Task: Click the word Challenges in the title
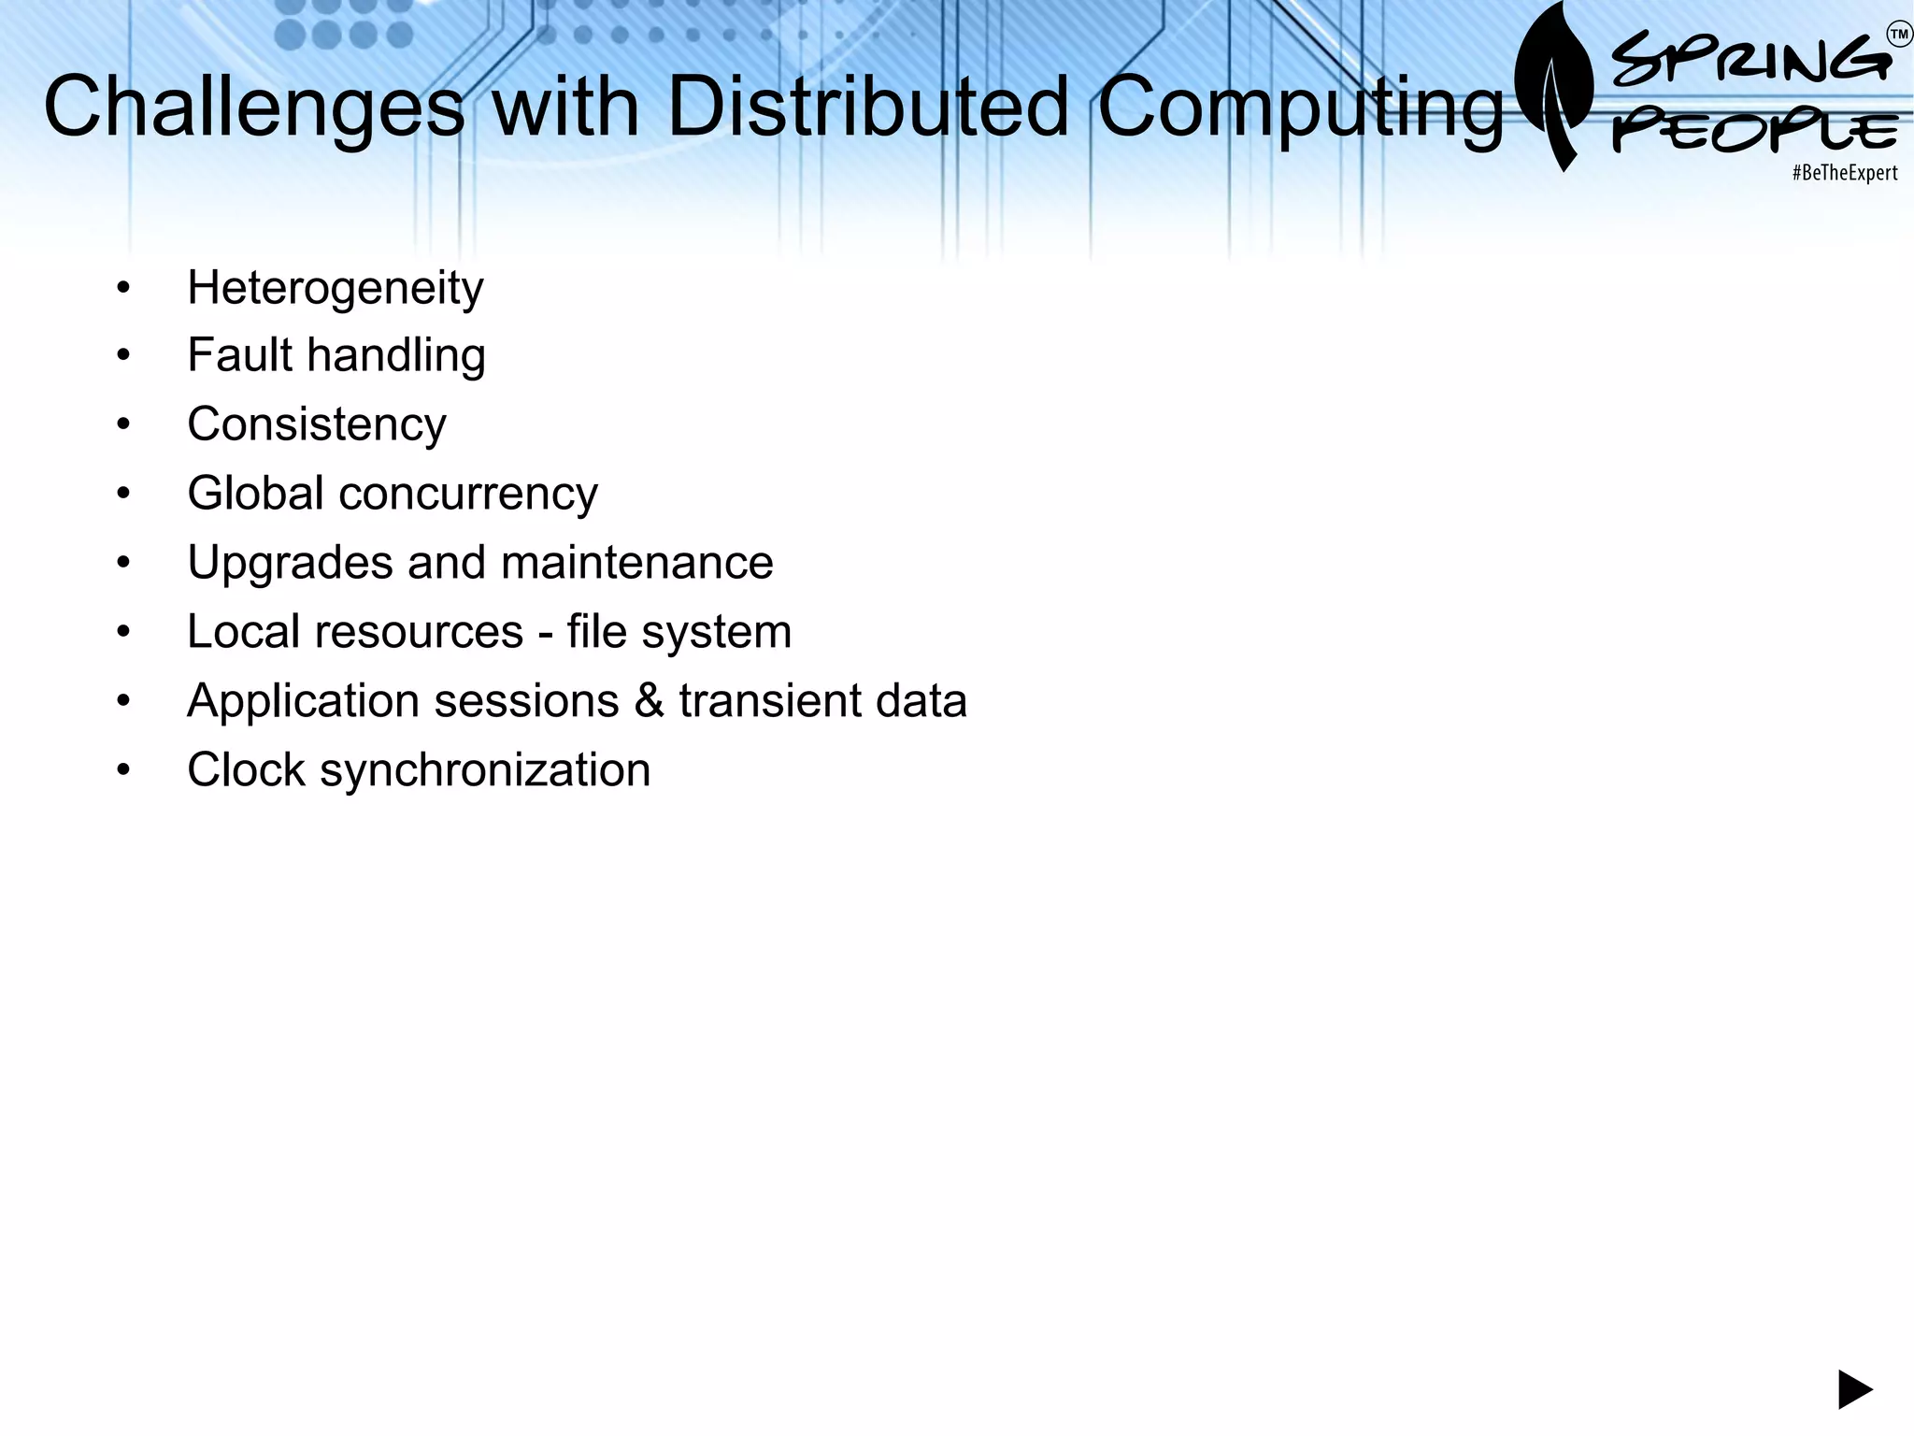click(x=253, y=108)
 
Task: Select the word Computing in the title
click(x=1300, y=108)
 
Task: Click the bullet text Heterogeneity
click(x=335, y=288)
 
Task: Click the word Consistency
click(x=317, y=425)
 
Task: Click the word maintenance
click(x=636, y=563)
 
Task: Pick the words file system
click(x=678, y=633)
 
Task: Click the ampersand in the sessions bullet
click(x=649, y=701)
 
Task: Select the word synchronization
click(x=484, y=771)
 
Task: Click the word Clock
click(x=246, y=770)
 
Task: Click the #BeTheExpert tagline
click(x=1844, y=173)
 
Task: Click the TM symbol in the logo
click(x=1899, y=36)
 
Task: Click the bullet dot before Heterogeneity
click(x=123, y=288)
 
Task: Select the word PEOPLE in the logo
click(x=1754, y=131)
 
